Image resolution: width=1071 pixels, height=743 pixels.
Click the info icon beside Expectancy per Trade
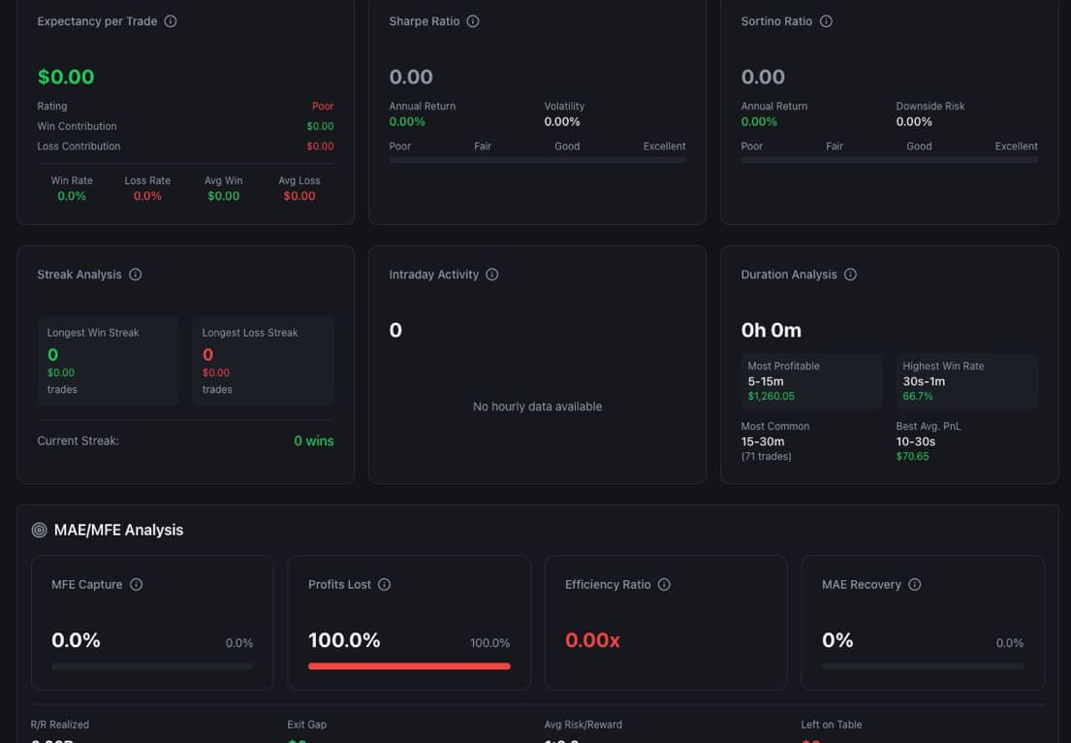tap(171, 21)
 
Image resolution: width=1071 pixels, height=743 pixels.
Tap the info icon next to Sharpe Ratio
tap(473, 21)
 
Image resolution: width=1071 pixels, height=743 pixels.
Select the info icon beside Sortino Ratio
tap(826, 21)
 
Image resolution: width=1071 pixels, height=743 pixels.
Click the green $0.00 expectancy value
tap(66, 77)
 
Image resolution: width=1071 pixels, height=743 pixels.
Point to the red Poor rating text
tap(323, 107)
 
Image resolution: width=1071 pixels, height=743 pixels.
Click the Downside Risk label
tap(929, 107)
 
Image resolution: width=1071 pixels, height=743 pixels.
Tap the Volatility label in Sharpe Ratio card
tap(564, 107)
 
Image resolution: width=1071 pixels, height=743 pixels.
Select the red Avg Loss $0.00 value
tap(299, 196)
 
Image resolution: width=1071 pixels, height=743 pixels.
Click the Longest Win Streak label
tap(93, 333)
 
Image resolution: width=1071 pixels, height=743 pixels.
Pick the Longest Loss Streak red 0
tap(207, 355)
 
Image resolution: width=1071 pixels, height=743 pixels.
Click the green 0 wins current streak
tap(313, 441)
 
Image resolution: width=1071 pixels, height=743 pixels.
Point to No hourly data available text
tap(537, 406)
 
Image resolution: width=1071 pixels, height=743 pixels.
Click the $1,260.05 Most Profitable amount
tap(771, 396)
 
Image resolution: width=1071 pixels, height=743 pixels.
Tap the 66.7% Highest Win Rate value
tap(917, 396)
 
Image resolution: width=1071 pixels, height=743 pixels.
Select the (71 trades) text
tap(766, 456)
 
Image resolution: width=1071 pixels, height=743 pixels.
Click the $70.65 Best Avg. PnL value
tap(912, 456)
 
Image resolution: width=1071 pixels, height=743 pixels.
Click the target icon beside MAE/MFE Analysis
tap(39, 531)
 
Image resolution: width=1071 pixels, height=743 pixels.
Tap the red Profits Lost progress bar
tap(409, 666)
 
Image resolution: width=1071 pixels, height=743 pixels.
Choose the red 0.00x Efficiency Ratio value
tap(592, 640)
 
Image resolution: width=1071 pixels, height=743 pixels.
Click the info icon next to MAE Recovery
tap(914, 585)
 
